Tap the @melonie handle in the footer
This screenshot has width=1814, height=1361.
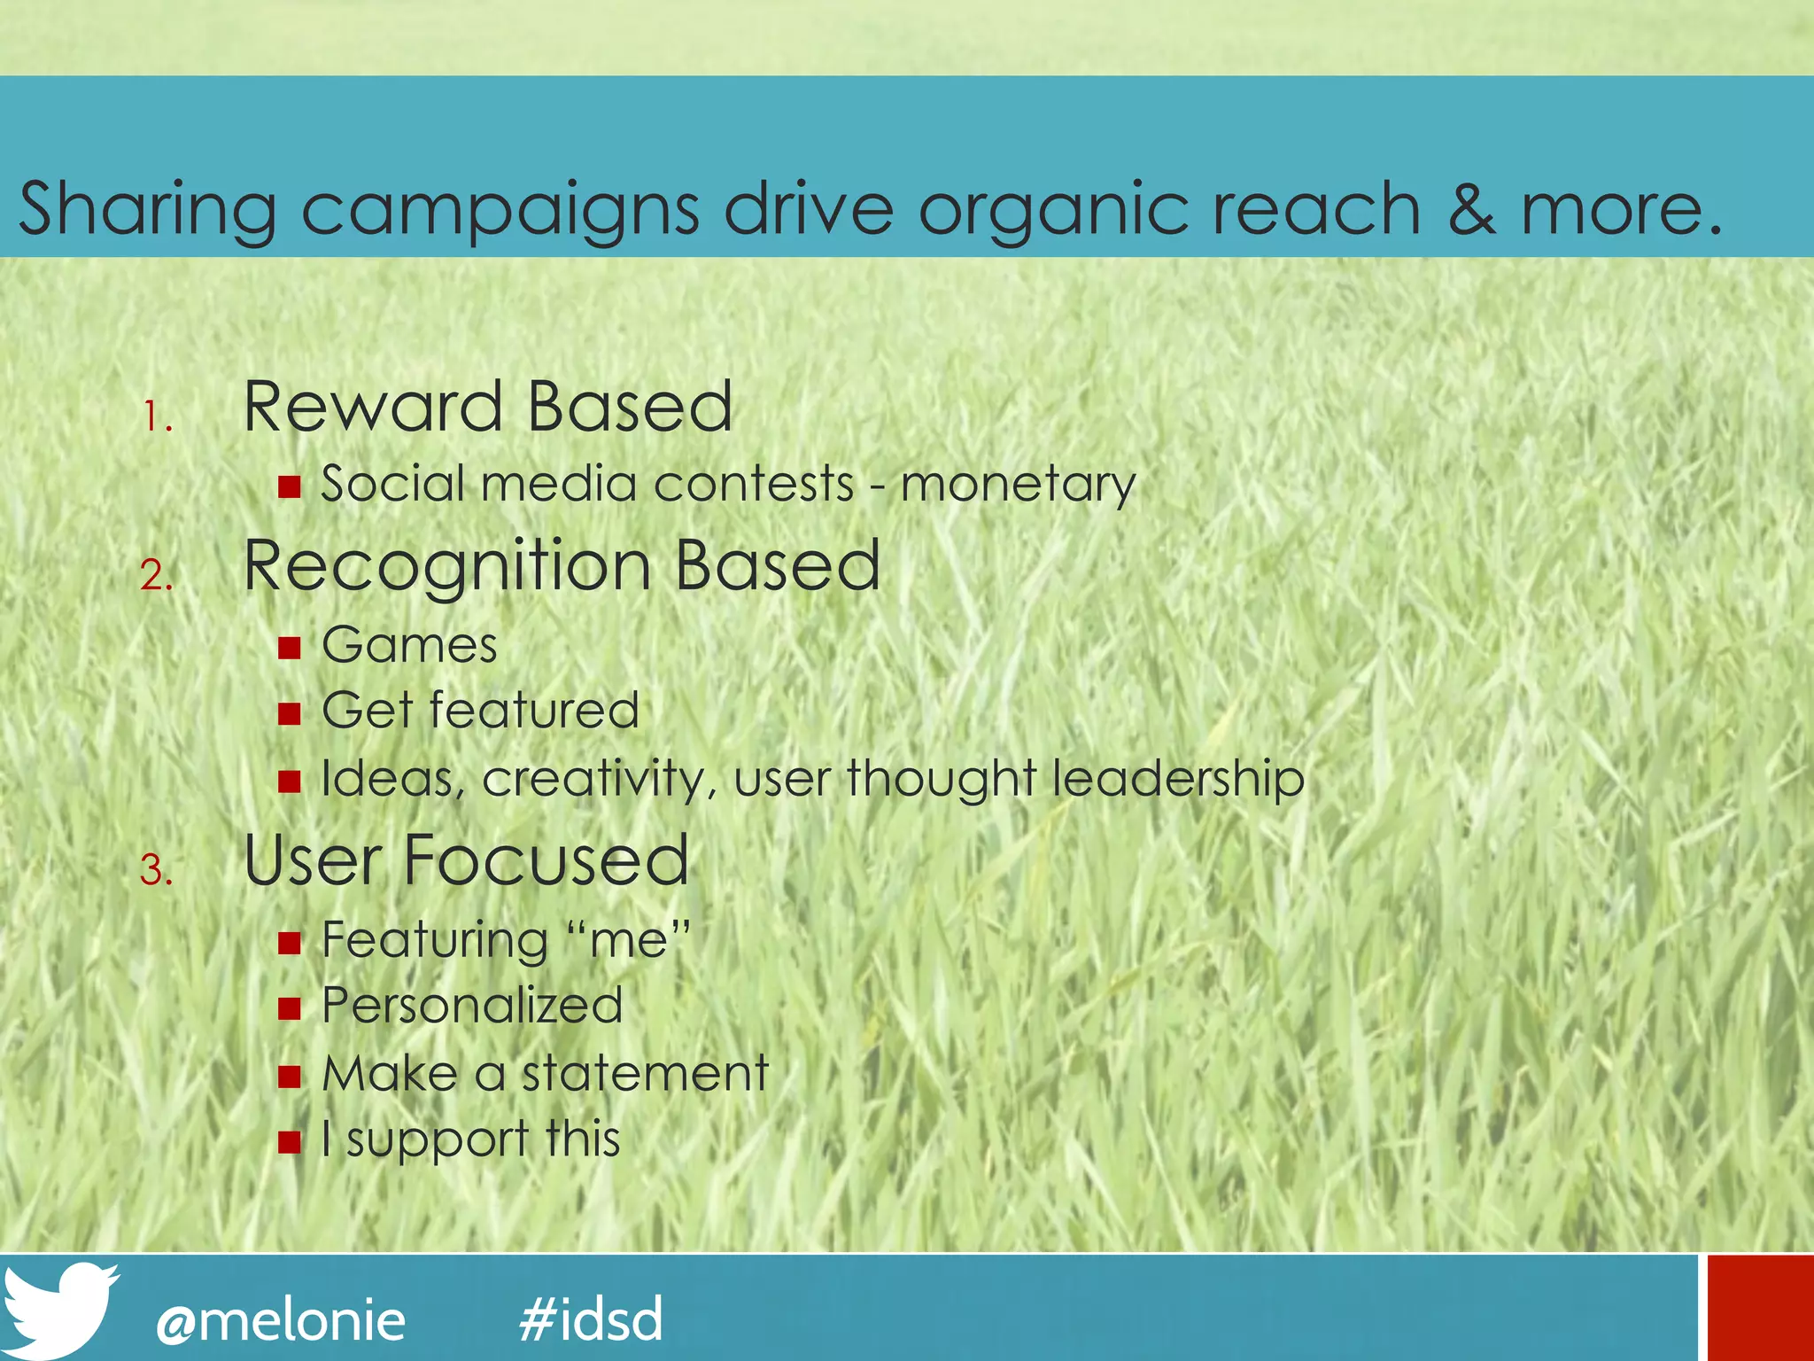click(281, 1320)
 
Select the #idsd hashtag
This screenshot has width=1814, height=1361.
click(591, 1318)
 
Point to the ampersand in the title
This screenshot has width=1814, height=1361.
click(1472, 209)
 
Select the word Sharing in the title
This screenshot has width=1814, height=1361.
click(147, 211)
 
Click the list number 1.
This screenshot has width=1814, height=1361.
click(157, 416)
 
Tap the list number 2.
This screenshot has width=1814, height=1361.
click(156, 576)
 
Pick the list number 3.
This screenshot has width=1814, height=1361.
click(156, 870)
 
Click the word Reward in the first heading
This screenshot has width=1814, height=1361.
click(373, 407)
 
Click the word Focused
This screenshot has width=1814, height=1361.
click(546, 860)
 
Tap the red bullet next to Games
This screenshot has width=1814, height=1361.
click(289, 647)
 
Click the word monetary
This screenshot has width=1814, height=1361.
click(1018, 486)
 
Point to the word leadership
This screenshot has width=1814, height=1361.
click(1178, 780)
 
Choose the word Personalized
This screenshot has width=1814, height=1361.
click(472, 1006)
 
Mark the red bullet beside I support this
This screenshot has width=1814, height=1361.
click(289, 1141)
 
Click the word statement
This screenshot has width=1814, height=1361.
click(645, 1074)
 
